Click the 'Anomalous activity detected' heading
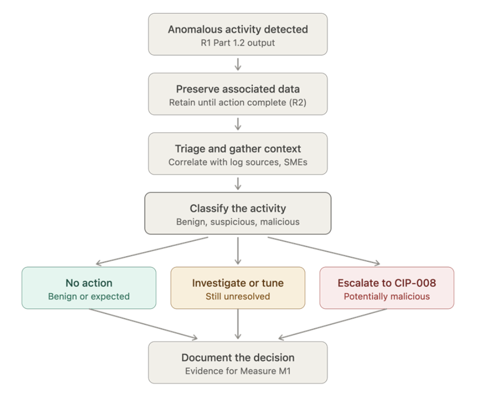(237, 29)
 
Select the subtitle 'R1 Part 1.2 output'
(237, 43)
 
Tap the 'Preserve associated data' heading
(237, 89)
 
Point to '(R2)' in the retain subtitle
(298, 102)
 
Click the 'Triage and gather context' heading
(237, 149)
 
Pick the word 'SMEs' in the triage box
(296, 162)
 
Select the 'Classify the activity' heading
(237, 209)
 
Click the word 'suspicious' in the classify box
(233, 222)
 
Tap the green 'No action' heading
(89, 283)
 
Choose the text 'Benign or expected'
(89, 297)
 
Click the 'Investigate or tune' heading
(237, 283)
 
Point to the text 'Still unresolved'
(237, 297)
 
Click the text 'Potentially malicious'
(387, 297)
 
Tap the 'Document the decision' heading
(237, 357)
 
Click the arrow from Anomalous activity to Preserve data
(237, 64)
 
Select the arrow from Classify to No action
(152, 251)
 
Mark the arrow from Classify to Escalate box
(324, 251)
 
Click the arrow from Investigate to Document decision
(237, 324)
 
